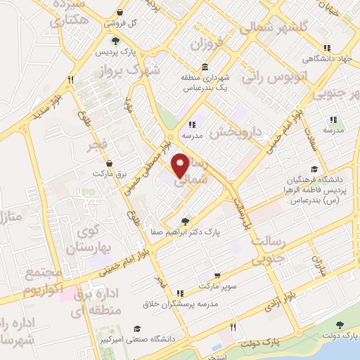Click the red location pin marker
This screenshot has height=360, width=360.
(x=181, y=165)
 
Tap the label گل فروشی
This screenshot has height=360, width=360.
(x=121, y=22)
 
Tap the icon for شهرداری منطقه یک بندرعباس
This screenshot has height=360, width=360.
(x=205, y=67)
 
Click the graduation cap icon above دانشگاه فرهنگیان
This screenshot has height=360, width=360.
(x=314, y=169)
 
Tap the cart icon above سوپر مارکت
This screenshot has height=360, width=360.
(x=218, y=276)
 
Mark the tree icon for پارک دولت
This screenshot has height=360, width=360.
(x=340, y=326)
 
